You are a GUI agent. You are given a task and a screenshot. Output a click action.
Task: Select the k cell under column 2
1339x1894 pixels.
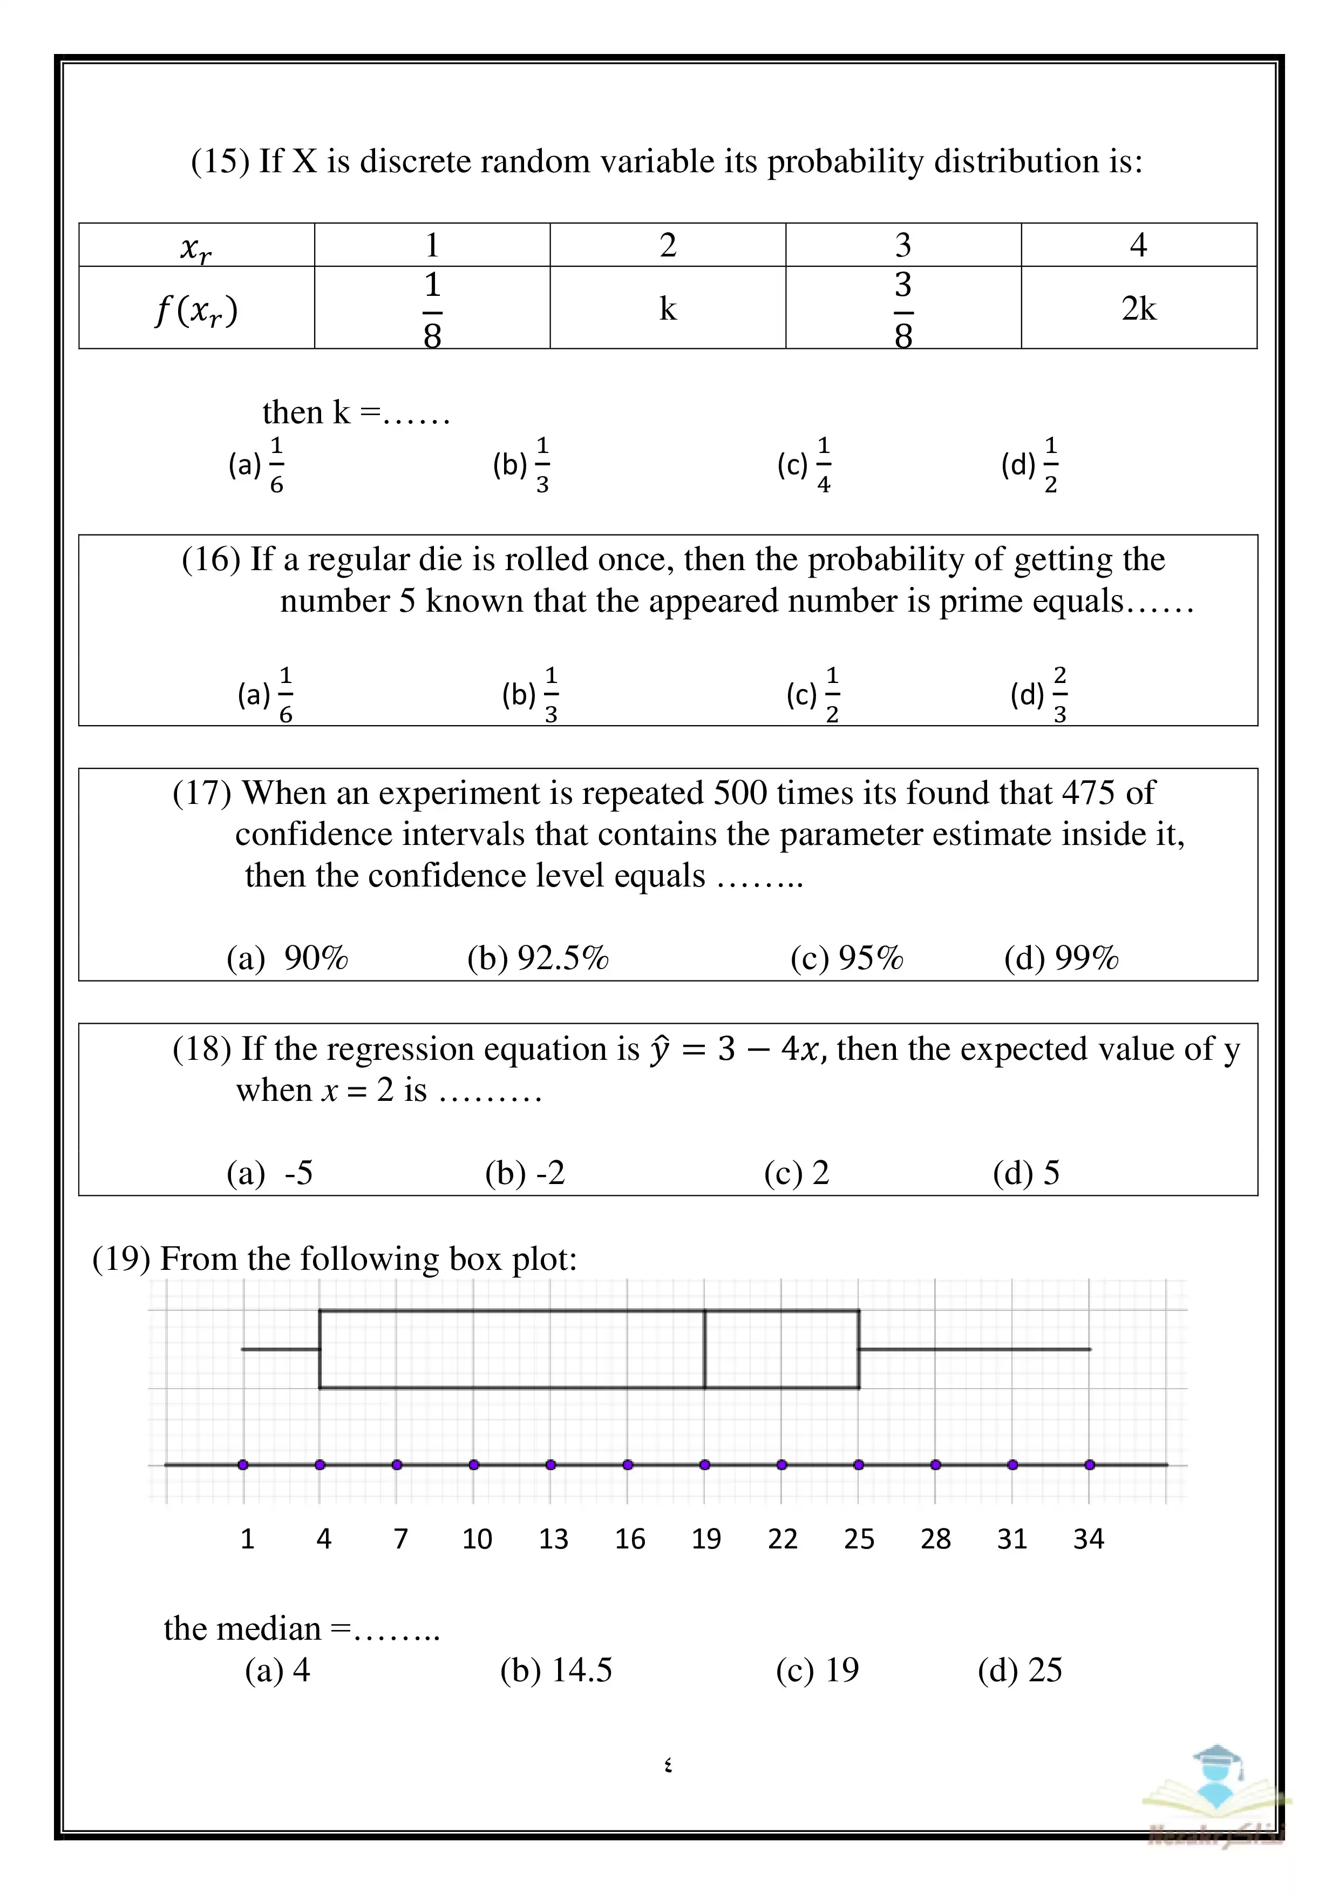(x=667, y=308)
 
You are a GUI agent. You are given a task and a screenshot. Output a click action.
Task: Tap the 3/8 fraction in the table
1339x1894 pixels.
(x=903, y=308)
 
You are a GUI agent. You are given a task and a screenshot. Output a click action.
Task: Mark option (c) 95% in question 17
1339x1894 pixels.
(x=847, y=958)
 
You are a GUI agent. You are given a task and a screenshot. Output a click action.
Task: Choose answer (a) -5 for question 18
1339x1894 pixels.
(x=270, y=1172)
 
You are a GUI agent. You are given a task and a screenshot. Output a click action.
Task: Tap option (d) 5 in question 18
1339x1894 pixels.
(x=1027, y=1172)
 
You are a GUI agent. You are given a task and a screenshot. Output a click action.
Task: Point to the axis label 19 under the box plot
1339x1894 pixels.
(x=706, y=1538)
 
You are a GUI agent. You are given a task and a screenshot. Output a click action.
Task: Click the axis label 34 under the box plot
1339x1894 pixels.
(x=1089, y=1538)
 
